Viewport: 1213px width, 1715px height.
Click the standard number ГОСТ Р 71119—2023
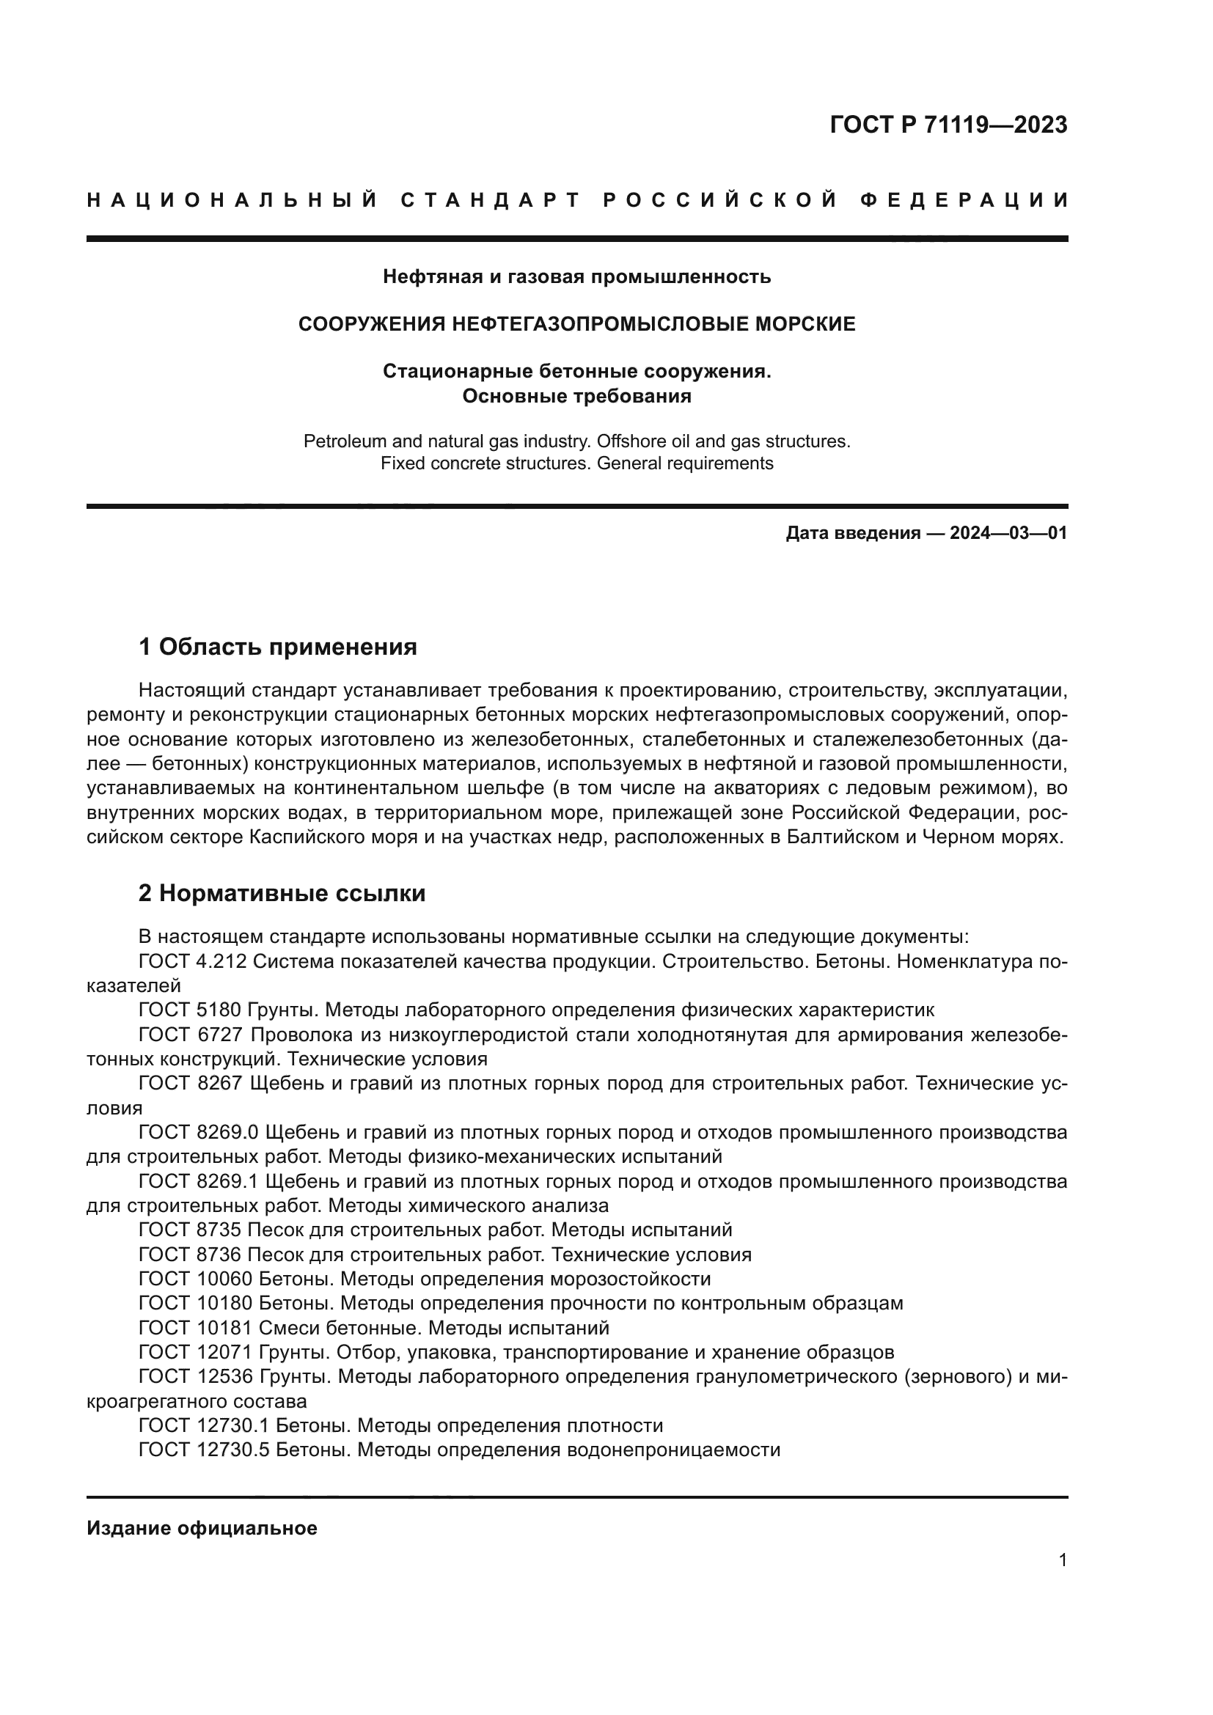(948, 125)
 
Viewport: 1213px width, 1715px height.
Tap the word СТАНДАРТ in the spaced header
(491, 200)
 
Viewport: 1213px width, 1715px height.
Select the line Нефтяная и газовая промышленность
(576, 277)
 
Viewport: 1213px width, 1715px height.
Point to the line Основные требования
(576, 396)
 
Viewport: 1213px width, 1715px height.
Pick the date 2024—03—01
(1008, 533)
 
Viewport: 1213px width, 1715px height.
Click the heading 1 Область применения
(278, 647)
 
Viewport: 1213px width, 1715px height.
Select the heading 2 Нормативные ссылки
(282, 893)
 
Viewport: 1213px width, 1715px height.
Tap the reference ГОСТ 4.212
(193, 962)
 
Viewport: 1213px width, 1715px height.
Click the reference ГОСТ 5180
(190, 1010)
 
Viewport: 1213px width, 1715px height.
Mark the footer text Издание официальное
(202, 1528)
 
